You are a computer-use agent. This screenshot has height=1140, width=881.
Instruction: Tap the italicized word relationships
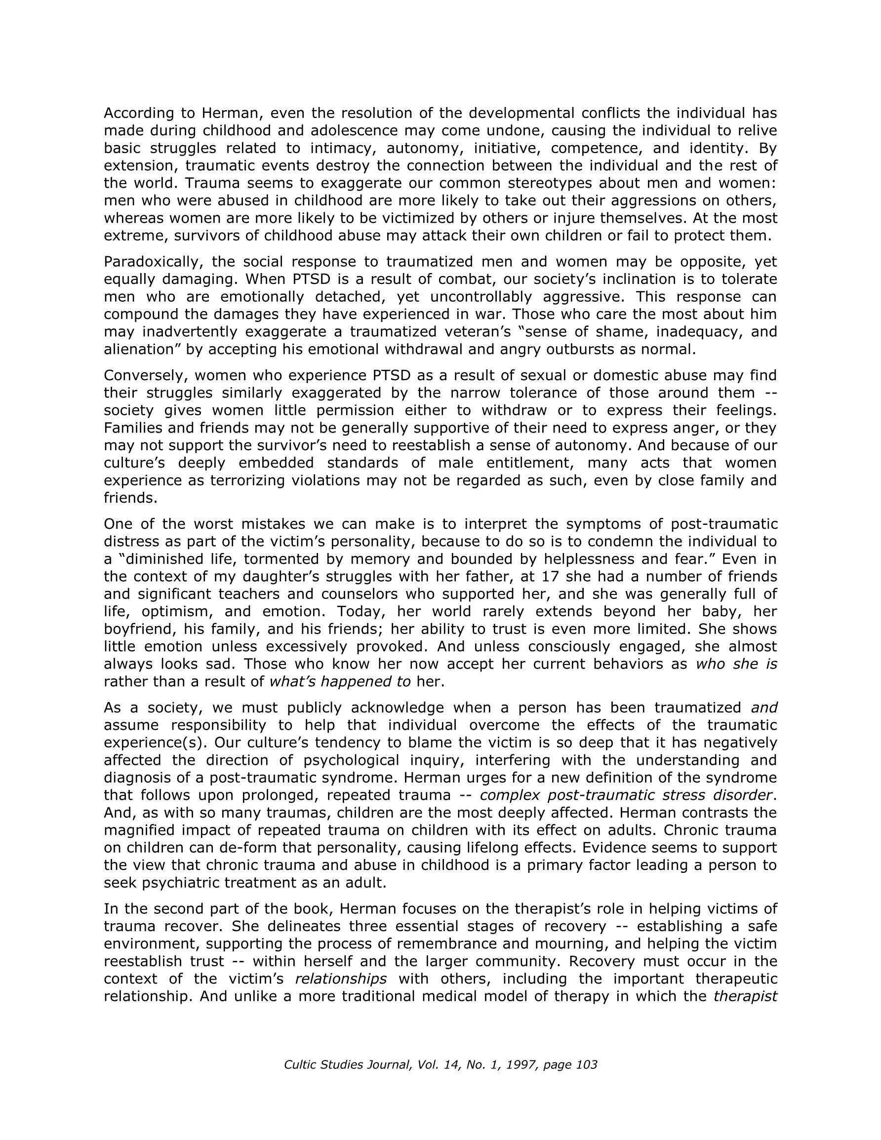click(x=341, y=979)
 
